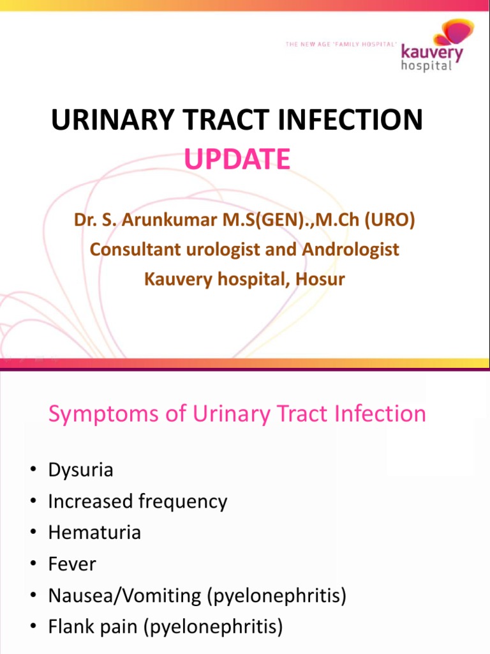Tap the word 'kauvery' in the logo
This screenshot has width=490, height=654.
[x=431, y=53]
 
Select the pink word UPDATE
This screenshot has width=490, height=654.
[x=237, y=159]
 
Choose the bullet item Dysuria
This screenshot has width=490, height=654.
[x=80, y=470]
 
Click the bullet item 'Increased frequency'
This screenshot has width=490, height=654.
[x=137, y=501]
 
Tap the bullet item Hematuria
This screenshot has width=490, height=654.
[x=94, y=533]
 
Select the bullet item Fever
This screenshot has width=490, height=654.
[x=71, y=564]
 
